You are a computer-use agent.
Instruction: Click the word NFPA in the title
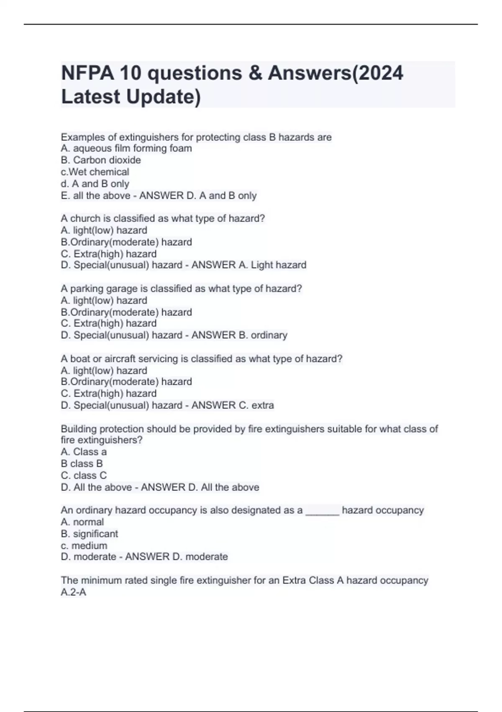point(87,73)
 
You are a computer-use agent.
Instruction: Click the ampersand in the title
point(255,73)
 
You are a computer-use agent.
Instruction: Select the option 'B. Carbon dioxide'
point(101,160)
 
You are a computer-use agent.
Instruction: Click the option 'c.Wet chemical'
point(95,172)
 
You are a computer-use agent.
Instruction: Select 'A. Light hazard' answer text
point(272,265)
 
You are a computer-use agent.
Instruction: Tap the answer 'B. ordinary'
point(263,335)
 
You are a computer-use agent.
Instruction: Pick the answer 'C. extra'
point(256,405)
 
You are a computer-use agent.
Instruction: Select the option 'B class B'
point(82,464)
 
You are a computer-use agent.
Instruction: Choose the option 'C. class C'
point(84,475)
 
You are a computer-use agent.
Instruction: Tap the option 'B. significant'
point(90,534)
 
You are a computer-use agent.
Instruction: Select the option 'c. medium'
point(84,545)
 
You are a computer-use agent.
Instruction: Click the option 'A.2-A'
point(74,592)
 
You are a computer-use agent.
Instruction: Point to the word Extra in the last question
point(294,580)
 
